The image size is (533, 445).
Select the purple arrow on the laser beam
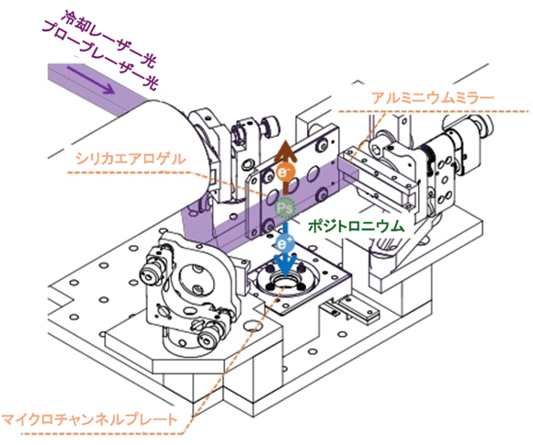pyautogui.click(x=90, y=80)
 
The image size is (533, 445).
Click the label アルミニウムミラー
pyautogui.click(x=432, y=98)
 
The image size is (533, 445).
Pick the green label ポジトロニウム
pyautogui.click(x=357, y=227)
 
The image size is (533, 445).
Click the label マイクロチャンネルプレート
pyautogui.click(x=89, y=419)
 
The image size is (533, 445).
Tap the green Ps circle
pyautogui.click(x=285, y=207)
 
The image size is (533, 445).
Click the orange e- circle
pyautogui.click(x=283, y=172)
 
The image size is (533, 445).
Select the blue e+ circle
pyautogui.click(x=285, y=243)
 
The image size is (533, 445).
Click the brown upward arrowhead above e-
pyautogui.click(x=283, y=152)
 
